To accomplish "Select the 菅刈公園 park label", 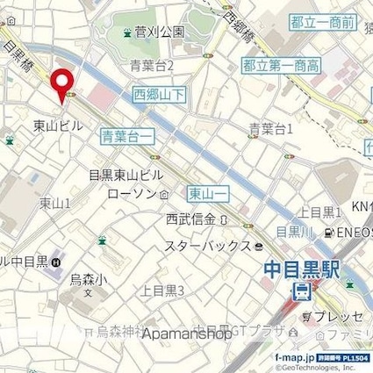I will pos(159,32).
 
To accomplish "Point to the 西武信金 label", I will pos(190,219).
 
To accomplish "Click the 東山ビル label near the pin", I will pos(58,125).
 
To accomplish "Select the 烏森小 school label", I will pos(88,281).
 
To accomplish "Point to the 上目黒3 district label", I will pos(162,291).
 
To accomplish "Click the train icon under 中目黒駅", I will pos(302,291).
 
